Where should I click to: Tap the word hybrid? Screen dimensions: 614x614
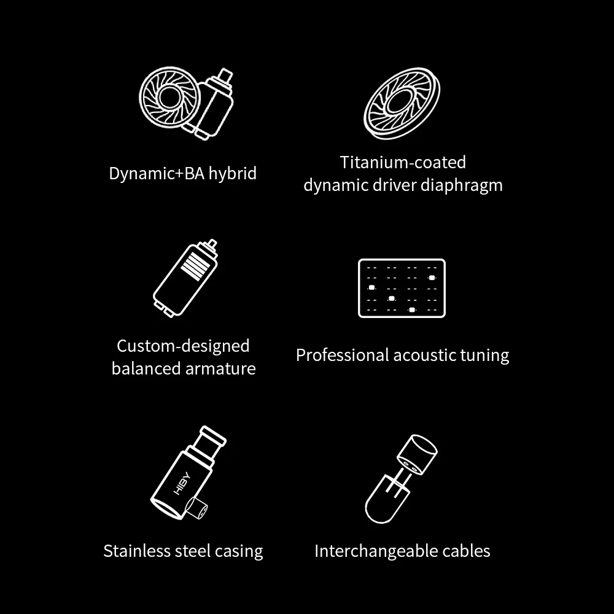point(233,173)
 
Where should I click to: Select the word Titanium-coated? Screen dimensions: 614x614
point(403,162)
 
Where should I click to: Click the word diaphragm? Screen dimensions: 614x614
point(462,185)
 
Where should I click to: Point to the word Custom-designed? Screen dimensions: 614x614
point(183,346)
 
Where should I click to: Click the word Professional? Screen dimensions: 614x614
point(342,355)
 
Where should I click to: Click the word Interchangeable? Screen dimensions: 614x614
point(376,551)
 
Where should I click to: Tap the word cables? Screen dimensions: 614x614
point(467,551)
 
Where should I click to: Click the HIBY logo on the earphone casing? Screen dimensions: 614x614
point(182,483)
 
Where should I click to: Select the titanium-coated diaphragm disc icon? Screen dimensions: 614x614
point(402,103)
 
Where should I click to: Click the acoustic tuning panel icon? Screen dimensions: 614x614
point(402,288)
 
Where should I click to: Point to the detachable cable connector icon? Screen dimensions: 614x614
point(402,478)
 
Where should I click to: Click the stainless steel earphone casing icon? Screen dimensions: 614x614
point(188,473)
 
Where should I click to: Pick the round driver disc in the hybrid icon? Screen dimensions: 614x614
point(169,97)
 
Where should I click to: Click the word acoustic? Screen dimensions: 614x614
point(424,355)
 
